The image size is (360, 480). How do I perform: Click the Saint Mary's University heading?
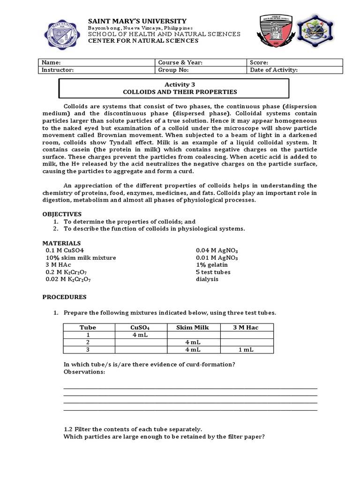(137, 21)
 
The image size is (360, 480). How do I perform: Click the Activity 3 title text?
(173, 84)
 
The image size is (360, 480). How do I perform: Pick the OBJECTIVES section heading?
(62, 214)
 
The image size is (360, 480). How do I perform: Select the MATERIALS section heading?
(61, 243)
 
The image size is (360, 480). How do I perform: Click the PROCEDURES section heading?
(65, 297)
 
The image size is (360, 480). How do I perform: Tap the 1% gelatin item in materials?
(210, 265)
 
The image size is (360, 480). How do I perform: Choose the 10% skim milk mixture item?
(81, 258)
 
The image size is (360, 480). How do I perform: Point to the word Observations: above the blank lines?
(84, 372)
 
